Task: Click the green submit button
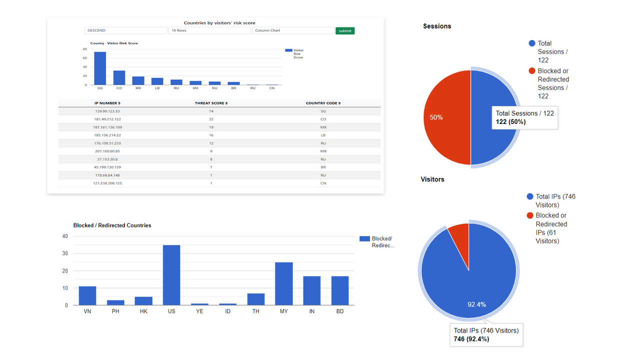pyautogui.click(x=345, y=30)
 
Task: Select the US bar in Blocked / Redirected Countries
pyautogui.click(x=171, y=275)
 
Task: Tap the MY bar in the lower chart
pyautogui.click(x=283, y=283)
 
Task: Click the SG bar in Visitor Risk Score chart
pyautogui.click(x=100, y=68)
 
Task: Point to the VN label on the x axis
pyautogui.click(x=87, y=311)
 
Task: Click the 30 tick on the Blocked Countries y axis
pyautogui.click(x=65, y=253)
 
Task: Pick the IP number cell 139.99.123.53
pyautogui.click(x=107, y=111)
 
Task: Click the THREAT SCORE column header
pyautogui.click(x=211, y=103)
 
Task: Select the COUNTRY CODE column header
pyautogui.click(x=323, y=103)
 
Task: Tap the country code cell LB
pyautogui.click(x=323, y=135)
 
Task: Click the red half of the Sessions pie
pyautogui.click(x=445, y=117)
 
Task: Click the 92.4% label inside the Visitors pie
pyautogui.click(x=476, y=304)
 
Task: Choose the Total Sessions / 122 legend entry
pyautogui.click(x=550, y=51)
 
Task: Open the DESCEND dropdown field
pyautogui.click(x=125, y=30)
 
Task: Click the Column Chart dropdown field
pyautogui.click(x=292, y=30)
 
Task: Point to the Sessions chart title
pyautogui.click(x=437, y=26)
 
